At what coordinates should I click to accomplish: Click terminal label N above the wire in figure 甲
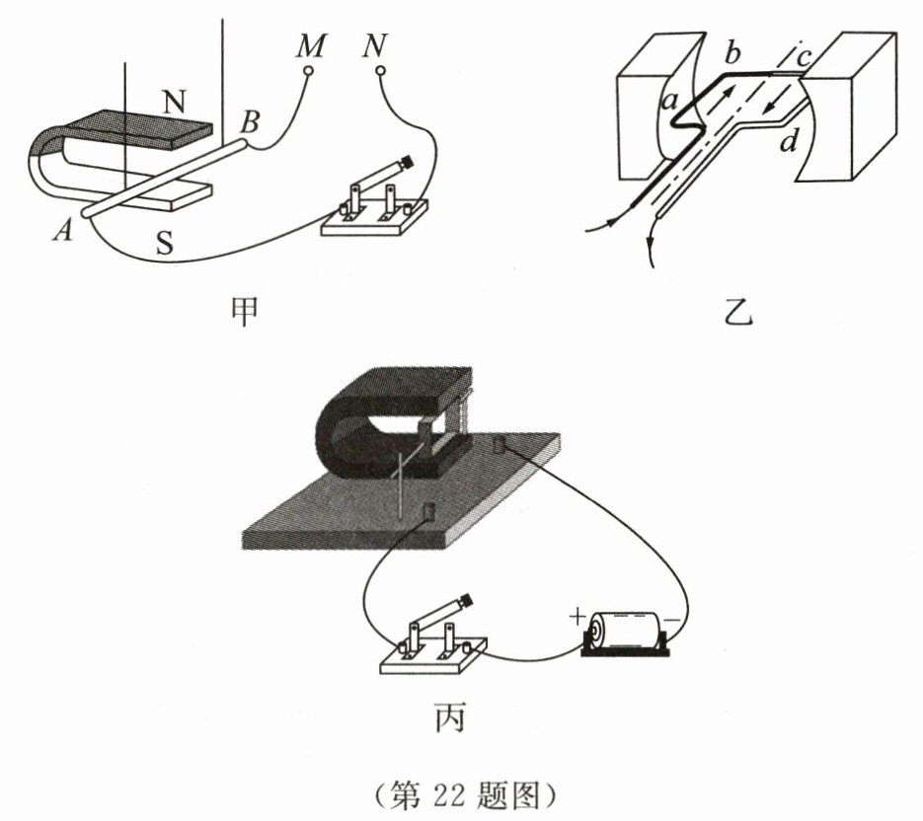pos(374,45)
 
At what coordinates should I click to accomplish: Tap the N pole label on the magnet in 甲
pos(175,100)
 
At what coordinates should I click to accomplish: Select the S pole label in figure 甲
pos(165,242)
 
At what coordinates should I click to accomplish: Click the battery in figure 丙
pos(628,632)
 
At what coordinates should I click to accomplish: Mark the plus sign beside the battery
pos(577,618)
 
